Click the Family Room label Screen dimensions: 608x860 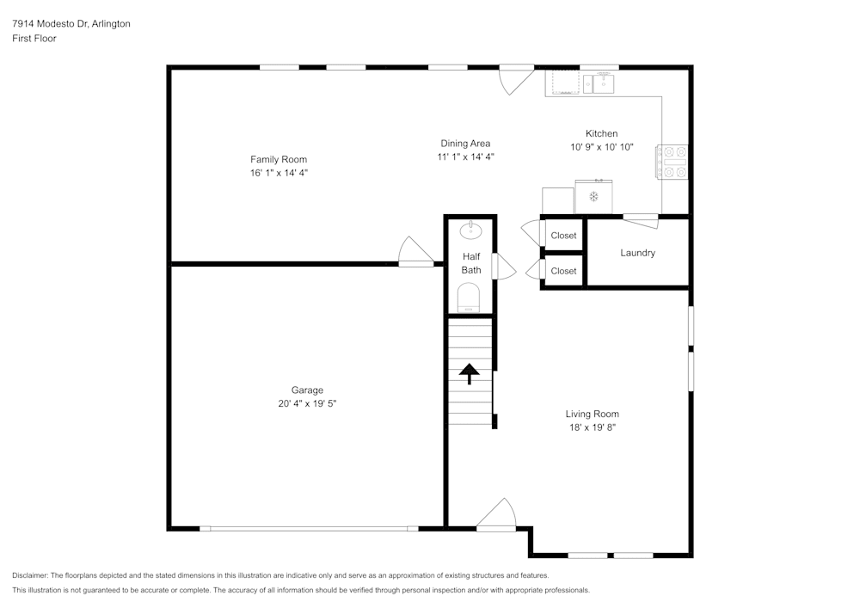pyautogui.click(x=278, y=159)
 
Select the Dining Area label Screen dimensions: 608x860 pyautogui.click(x=465, y=144)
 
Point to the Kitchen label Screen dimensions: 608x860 pyautogui.click(x=601, y=133)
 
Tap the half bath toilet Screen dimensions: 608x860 pyautogui.click(x=469, y=298)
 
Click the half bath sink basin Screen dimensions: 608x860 pyautogui.click(x=470, y=230)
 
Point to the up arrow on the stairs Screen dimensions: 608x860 pyautogui.click(x=470, y=374)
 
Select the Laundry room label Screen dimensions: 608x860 pyautogui.click(x=637, y=253)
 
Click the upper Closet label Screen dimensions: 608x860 pyautogui.click(x=563, y=236)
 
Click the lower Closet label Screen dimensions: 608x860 pyautogui.click(x=563, y=271)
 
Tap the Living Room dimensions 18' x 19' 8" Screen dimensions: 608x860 pyautogui.click(x=592, y=427)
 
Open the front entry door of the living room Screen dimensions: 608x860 pyautogui.click(x=496, y=516)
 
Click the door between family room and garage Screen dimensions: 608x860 pyautogui.click(x=416, y=253)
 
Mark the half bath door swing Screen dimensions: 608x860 pyautogui.click(x=503, y=267)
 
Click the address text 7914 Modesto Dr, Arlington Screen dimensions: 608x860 pyautogui.click(x=71, y=24)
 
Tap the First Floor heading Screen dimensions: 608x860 pyautogui.click(x=34, y=39)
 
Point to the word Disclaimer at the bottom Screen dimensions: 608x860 pyautogui.click(x=30, y=575)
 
